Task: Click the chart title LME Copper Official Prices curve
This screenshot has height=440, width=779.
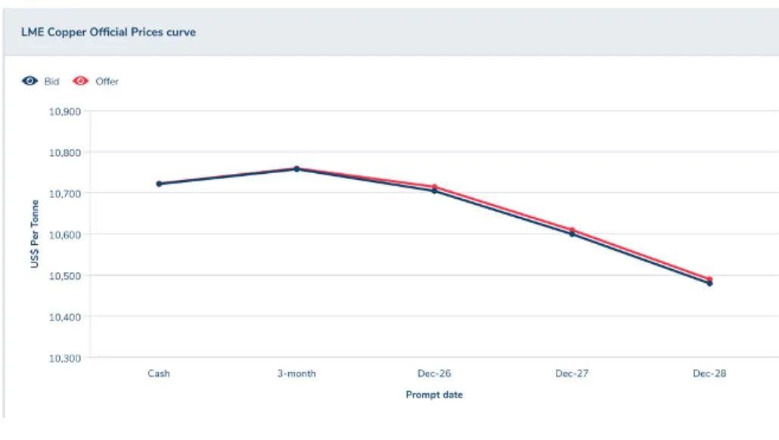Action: (108, 33)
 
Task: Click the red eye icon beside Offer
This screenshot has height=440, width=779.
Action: (80, 81)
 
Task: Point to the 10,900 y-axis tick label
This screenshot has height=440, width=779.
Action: (64, 112)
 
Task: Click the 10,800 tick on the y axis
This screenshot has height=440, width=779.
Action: (64, 153)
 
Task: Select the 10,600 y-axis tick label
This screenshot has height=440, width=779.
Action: (64, 234)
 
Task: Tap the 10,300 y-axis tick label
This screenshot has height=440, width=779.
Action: (64, 358)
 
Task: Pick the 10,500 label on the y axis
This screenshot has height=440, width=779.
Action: (64, 276)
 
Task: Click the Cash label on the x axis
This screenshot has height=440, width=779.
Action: (159, 373)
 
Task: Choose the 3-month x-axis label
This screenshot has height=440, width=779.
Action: (296, 373)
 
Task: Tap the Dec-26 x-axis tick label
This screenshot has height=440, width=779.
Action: (434, 373)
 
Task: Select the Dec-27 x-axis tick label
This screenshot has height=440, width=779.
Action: (572, 373)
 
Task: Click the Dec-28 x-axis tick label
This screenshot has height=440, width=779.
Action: (709, 373)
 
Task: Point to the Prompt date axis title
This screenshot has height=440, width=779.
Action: (434, 395)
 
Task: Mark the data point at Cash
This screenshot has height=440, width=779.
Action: (159, 184)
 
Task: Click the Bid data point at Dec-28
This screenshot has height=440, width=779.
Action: (709, 284)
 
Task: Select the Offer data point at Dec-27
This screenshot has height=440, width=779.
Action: (572, 230)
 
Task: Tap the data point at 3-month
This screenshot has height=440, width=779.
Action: (296, 169)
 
